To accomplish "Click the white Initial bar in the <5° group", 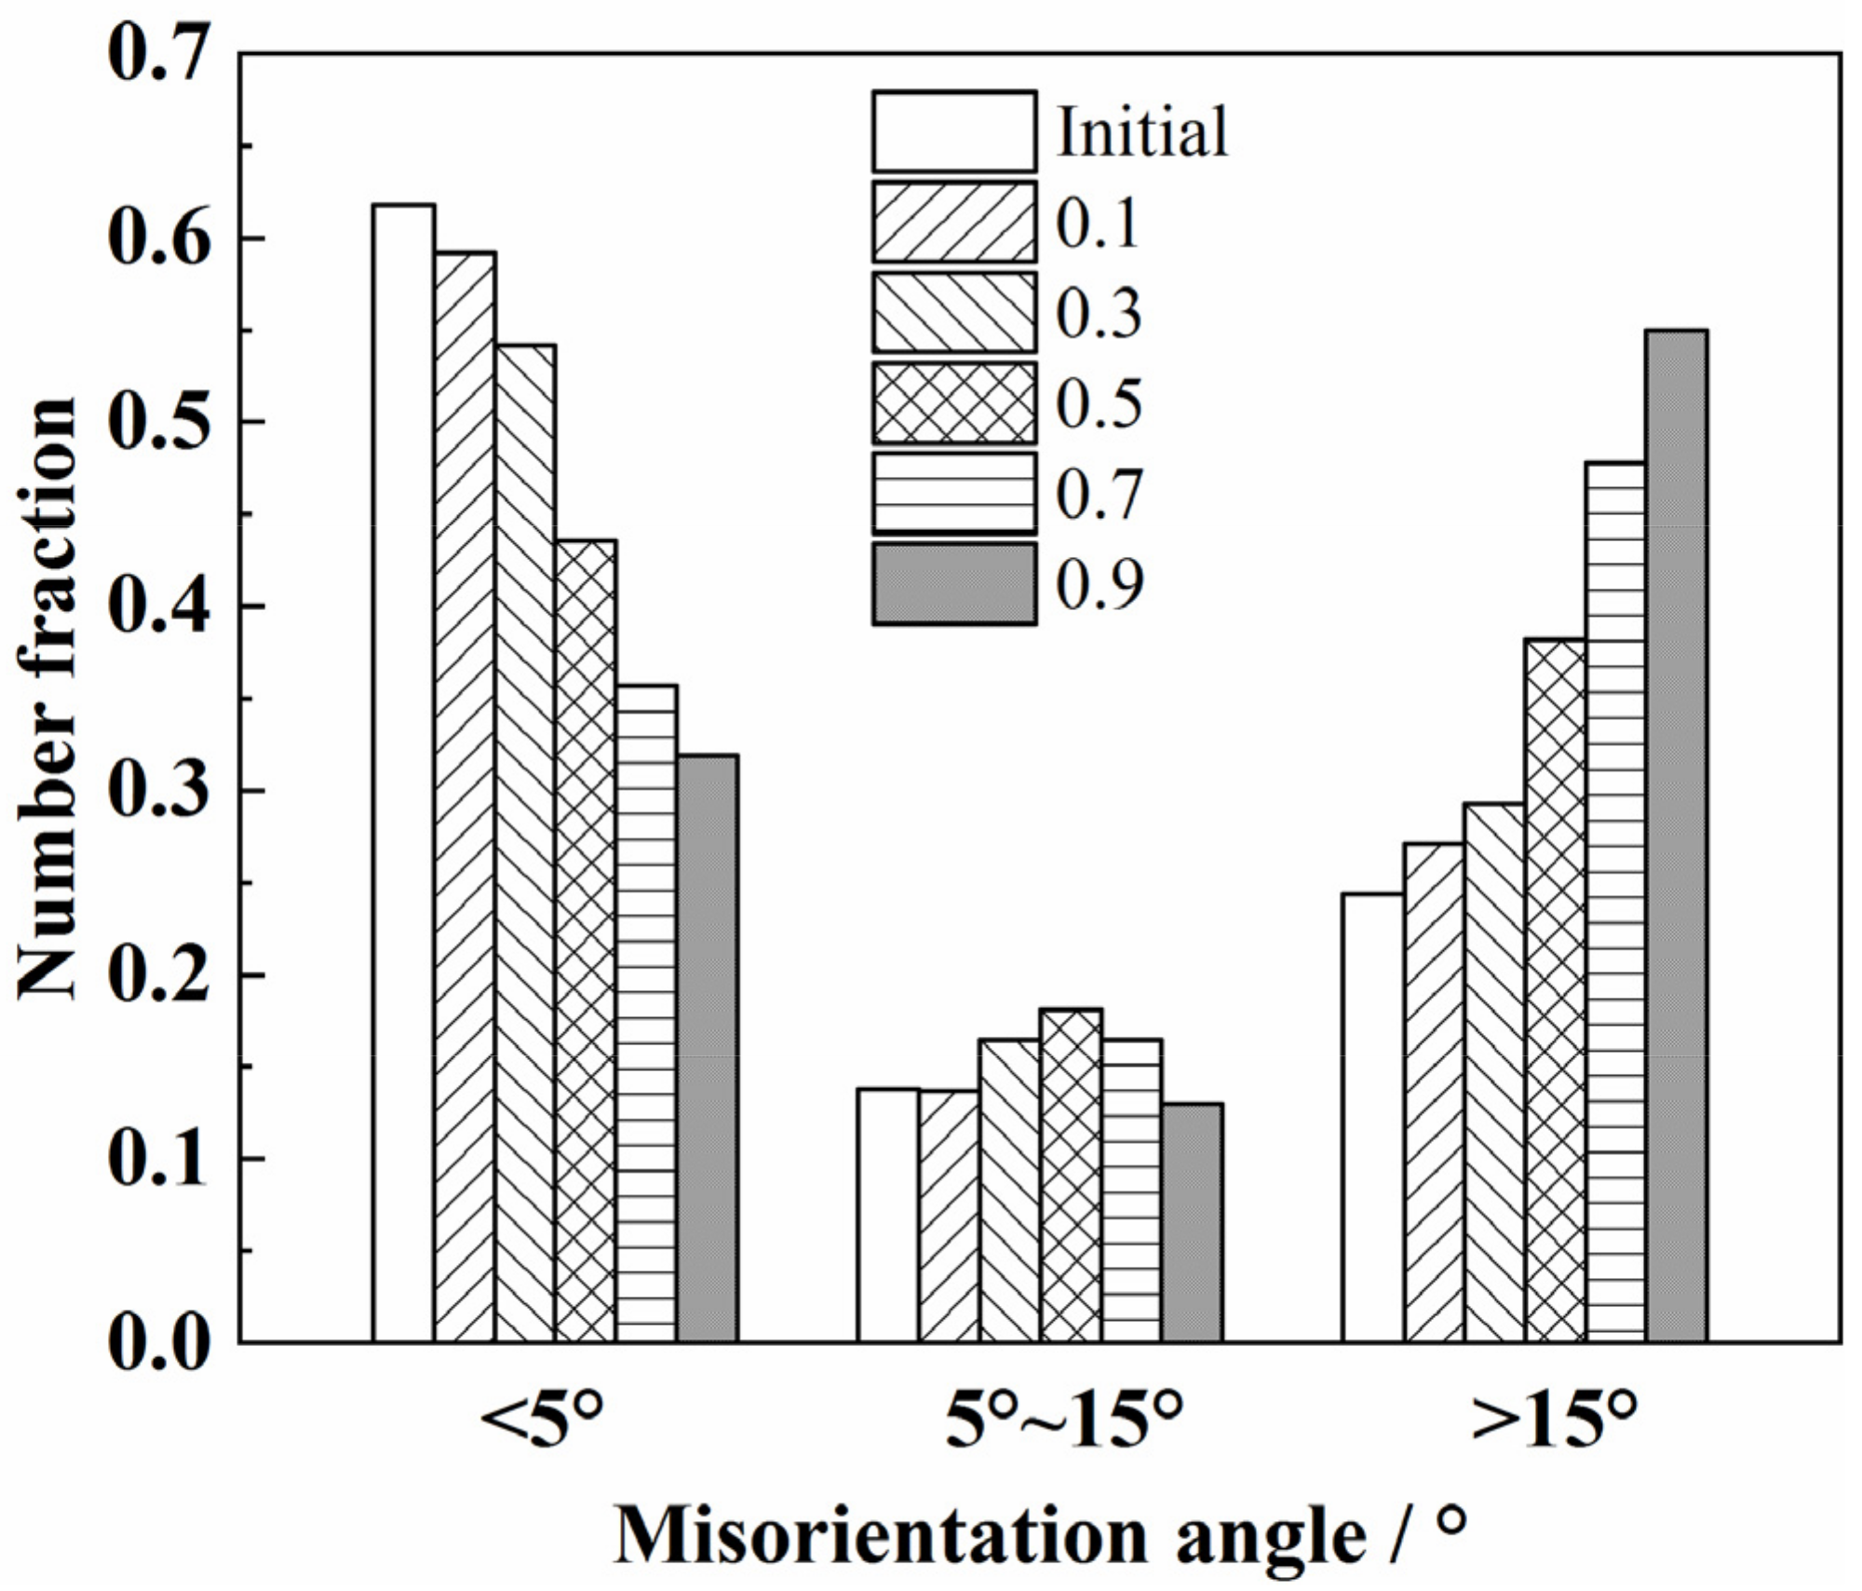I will [x=403, y=773].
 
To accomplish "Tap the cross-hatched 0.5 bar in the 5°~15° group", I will [x=1071, y=1175].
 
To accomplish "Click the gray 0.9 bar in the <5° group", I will [x=708, y=1048].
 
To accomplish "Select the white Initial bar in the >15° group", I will [x=1372, y=1118].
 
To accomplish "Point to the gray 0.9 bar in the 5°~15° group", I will [x=1193, y=1222].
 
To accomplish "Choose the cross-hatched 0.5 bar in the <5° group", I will [x=586, y=941].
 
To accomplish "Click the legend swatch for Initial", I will [x=954, y=131].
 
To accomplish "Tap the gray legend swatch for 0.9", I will [x=954, y=584].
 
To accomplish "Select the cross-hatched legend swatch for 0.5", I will [x=954, y=402].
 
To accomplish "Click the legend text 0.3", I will [x=1099, y=313].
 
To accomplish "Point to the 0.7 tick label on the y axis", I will [x=156, y=54].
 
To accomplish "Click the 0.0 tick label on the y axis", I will [x=156, y=1342].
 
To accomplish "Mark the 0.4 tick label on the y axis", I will [x=156, y=606].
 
